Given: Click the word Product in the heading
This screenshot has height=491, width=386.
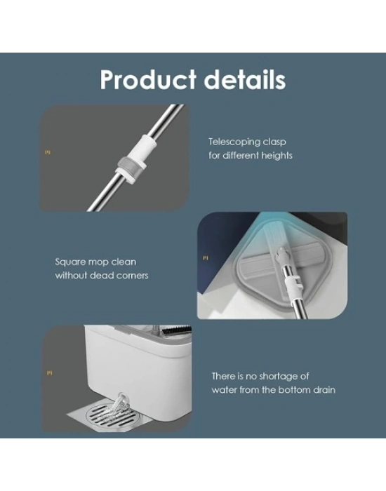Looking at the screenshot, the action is [x=148, y=80].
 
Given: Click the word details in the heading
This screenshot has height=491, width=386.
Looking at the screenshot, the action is [x=245, y=80].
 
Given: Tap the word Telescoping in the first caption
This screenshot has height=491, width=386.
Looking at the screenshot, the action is [x=234, y=142].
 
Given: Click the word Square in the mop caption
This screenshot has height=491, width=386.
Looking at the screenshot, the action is [x=69, y=262].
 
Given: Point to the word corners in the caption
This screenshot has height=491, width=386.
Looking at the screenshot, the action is [x=132, y=276].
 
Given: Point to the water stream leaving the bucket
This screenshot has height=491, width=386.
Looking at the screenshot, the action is [x=119, y=406].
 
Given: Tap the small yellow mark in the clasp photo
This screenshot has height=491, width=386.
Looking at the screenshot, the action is [x=48, y=152].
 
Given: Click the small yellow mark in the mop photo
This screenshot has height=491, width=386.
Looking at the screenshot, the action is [x=205, y=258].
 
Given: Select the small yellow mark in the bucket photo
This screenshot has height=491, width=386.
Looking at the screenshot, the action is [x=50, y=373].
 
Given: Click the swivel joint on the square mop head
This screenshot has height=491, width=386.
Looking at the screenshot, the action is [x=281, y=256].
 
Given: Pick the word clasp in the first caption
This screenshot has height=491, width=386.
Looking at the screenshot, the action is [x=274, y=142].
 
